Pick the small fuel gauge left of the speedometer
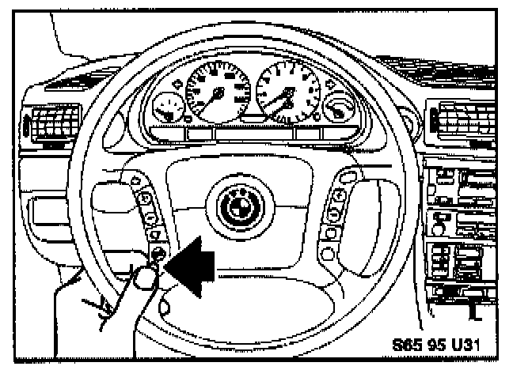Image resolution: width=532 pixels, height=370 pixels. [166, 107]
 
